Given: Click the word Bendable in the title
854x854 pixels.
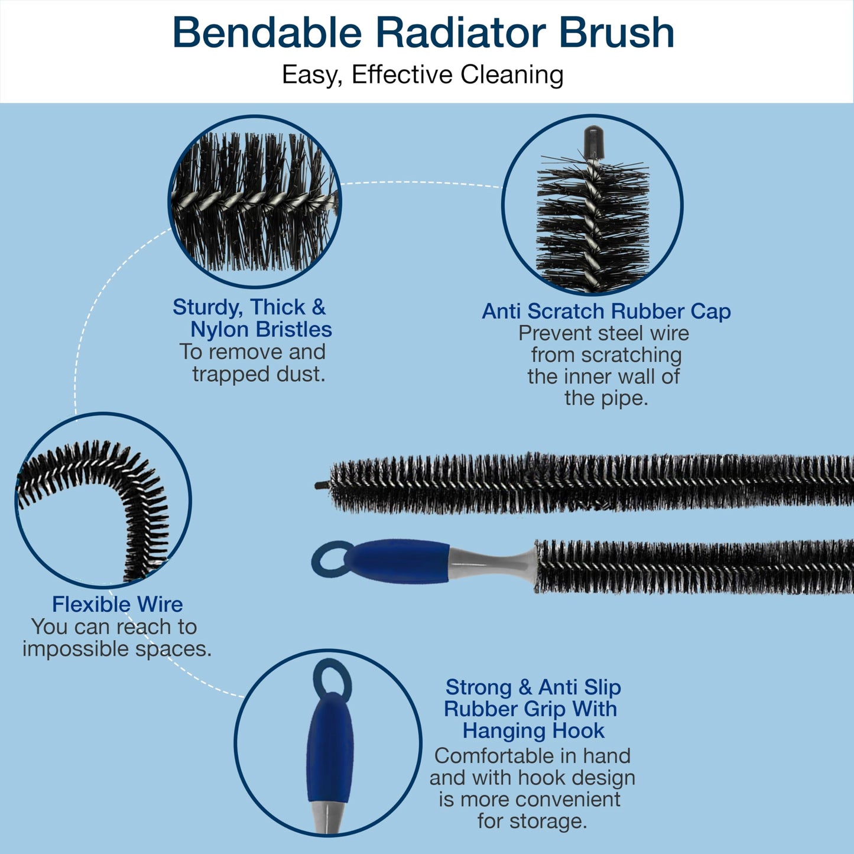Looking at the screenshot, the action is [x=267, y=33].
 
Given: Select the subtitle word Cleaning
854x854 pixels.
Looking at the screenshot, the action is [x=512, y=74].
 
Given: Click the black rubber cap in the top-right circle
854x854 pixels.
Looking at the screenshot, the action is [x=593, y=142].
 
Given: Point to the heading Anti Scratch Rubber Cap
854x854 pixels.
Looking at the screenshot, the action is [x=606, y=311].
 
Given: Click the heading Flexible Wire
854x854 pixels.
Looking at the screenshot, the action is [x=118, y=604].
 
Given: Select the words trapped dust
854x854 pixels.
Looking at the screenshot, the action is [x=258, y=375].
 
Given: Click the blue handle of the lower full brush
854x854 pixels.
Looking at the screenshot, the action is [x=397, y=561].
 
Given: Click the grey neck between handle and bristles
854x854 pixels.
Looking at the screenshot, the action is [x=493, y=563].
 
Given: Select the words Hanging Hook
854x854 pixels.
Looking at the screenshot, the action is [x=533, y=731].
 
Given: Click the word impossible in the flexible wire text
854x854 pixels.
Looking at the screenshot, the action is [x=75, y=650].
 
